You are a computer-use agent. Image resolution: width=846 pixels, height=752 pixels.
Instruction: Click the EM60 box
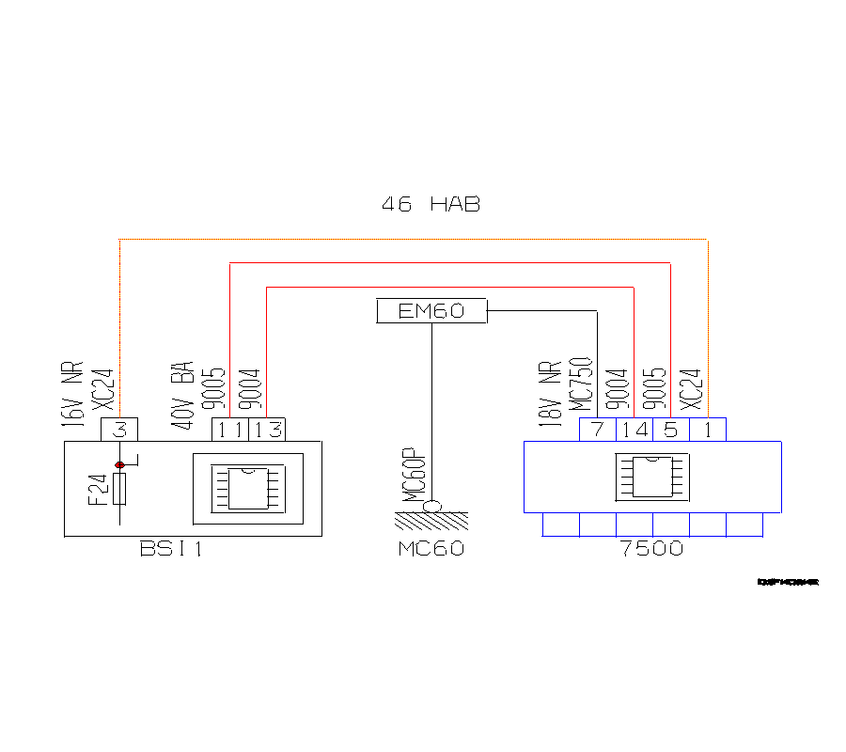(431, 311)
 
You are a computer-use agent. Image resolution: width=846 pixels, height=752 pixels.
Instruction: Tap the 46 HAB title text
(431, 204)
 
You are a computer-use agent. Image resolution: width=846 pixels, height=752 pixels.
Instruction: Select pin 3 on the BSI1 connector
(119, 430)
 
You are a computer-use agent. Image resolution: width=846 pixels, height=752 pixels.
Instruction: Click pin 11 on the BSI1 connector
(229, 430)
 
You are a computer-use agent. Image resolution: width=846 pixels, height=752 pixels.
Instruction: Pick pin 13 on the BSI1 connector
(266, 430)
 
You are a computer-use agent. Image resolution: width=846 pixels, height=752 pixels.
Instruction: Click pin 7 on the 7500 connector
(597, 430)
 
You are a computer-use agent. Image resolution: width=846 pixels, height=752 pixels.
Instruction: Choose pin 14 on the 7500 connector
(634, 430)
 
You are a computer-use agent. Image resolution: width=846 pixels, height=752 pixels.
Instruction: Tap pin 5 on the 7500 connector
(670, 430)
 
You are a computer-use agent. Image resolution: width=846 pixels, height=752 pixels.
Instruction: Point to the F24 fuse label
(97, 489)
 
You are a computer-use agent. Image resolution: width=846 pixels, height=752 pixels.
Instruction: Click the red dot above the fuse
(119, 464)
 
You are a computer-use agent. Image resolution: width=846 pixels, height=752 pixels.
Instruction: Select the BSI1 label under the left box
(170, 549)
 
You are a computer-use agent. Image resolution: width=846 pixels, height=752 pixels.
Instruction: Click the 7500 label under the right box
(651, 549)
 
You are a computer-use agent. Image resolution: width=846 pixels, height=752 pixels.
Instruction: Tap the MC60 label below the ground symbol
(431, 549)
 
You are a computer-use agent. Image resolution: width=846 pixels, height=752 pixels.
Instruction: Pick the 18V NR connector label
(549, 395)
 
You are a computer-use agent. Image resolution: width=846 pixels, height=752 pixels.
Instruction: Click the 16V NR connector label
(72, 395)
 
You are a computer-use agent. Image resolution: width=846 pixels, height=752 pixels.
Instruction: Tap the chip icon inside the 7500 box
(651, 477)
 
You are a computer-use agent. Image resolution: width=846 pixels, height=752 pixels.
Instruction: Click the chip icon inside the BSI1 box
(248, 488)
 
